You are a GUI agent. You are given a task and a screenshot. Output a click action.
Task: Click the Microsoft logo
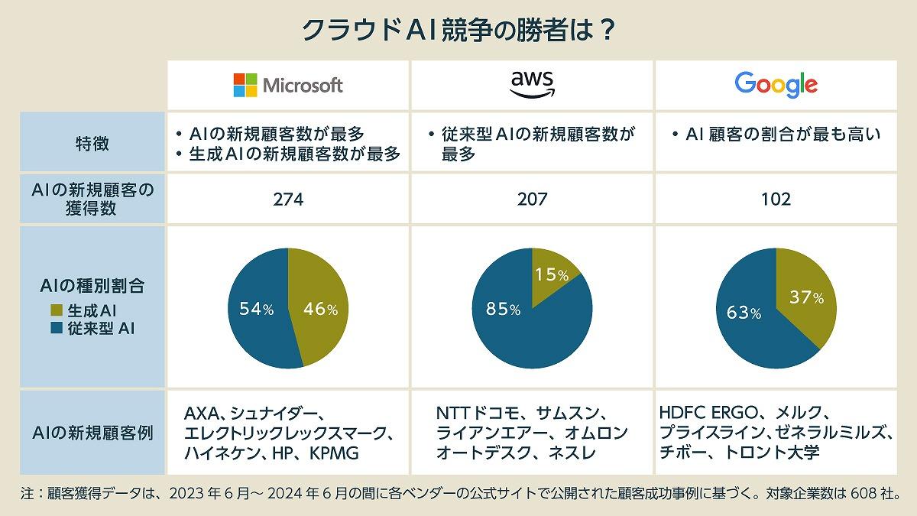(x=288, y=85)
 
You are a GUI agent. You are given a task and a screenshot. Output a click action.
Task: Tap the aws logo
(x=532, y=84)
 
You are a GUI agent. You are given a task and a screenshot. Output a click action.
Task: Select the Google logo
(x=776, y=84)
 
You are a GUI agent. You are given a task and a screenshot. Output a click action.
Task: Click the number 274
(x=288, y=200)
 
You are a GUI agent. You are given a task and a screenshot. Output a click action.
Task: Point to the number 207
(x=532, y=200)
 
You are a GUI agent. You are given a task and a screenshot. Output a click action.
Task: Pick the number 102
(x=776, y=200)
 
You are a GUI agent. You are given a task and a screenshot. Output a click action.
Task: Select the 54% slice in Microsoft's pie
(x=256, y=308)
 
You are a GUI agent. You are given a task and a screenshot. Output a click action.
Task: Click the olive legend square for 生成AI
(x=55, y=311)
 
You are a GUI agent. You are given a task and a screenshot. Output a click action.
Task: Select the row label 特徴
(x=90, y=141)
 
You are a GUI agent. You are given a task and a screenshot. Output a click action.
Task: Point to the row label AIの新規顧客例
(x=90, y=433)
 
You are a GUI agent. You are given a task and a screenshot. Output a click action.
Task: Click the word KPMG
(x=334, y=453)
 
